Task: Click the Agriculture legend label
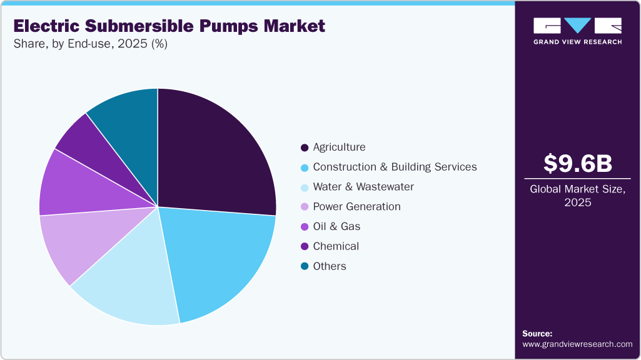tap(339, 147)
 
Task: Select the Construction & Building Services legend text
tap(395, 167)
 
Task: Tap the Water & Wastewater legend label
tap(363, 187)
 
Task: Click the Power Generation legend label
tap(356, 207)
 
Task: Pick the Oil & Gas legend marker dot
tap(305, 227)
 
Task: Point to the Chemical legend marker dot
tap(305, 247)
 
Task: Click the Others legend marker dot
tap(305, 266)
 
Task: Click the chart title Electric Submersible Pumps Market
tap(169, 26)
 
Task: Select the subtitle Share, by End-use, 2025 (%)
tap(90, 44)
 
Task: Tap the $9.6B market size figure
tap(577, 163)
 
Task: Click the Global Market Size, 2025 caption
tap(577, 196)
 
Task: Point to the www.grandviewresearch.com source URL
tap(577, 344)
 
